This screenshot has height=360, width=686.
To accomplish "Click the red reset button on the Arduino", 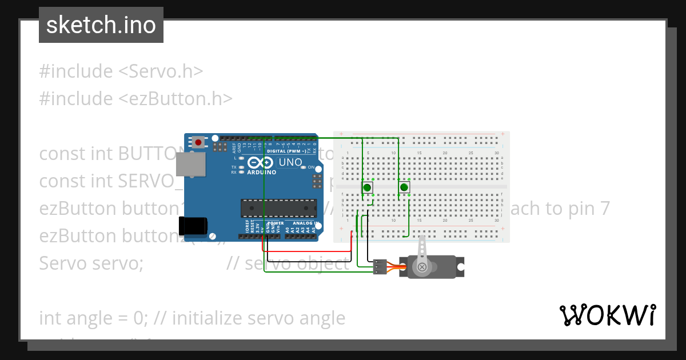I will pyautogui.click(x=198, y=142).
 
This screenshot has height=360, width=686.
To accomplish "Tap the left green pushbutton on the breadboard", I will pyautogui.click(x=367, y=187).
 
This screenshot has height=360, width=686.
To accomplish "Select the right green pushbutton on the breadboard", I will pyautogui.click(x=404, y=187).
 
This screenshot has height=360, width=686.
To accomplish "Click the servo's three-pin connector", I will pyautogui.click(x=379, y=267).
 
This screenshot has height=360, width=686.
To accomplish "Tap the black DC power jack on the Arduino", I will pyautogui.click(x=191, y=226).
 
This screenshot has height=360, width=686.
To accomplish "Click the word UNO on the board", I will pyautogui.click(x=290, y=162).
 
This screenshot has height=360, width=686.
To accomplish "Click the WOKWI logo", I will pyautogui.click(x=608, y=315).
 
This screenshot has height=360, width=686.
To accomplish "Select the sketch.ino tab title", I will pyautogui.click(x=101, y=25).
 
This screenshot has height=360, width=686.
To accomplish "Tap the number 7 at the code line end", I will pyautogui.click(x=604, y=209).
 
